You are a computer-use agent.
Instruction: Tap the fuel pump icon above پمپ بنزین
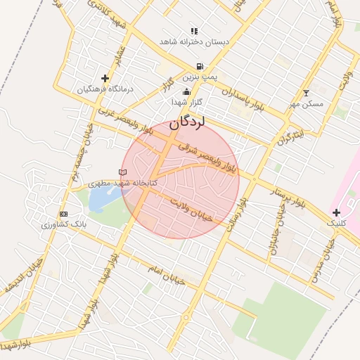coord(200,67)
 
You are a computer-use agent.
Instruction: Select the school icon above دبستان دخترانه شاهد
coord(194,32)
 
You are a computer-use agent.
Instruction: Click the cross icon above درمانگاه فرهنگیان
coord(105,78)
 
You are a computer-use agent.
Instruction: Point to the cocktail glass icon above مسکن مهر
coord(305,93)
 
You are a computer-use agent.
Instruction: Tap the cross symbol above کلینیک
coord(336,212)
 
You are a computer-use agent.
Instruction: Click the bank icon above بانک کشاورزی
coord(64,214)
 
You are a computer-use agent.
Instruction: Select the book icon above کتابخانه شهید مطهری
coord(123,172)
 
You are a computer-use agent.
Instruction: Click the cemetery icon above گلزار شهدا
coord(186,91)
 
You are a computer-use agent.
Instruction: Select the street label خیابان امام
coord(166,275)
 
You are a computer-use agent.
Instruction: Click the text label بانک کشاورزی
coord(63,226)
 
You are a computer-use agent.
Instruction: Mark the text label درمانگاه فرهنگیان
coord(105,89)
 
